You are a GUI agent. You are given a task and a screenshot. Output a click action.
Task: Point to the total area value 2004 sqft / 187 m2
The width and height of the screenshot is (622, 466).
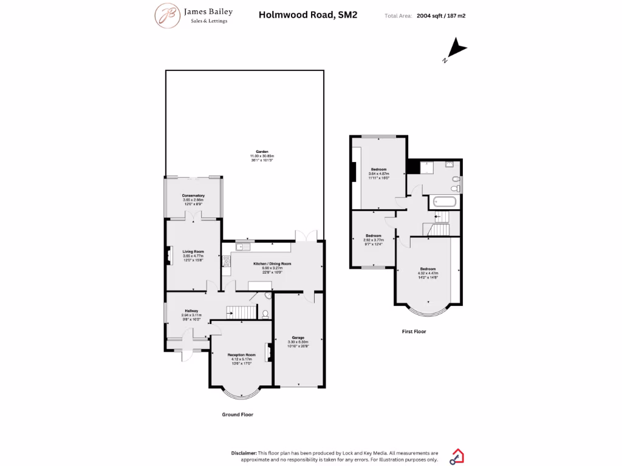pyautogui.click(x=446, y=16)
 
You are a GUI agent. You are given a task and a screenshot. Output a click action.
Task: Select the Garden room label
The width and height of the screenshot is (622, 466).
pyautogui.click(x=262, y=152)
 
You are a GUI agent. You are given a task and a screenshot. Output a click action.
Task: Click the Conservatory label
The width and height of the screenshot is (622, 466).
pyautogui.click(x=193, y=195)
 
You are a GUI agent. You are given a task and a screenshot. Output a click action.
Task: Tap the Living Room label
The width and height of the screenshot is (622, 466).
pyautogui.click(x=194, y=251)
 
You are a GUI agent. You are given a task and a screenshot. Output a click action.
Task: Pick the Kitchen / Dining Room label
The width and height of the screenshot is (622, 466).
pyautogui.click(x=272, y=264)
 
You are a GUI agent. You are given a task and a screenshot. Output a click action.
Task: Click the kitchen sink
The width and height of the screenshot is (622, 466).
pyautogui.click(x=242, y=246)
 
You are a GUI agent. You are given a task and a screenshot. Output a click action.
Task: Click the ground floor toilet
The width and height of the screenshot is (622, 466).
pyautogui.click(x=265, y=314)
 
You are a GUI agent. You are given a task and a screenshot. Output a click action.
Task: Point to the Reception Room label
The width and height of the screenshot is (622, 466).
pyautogui.click(x=241, y=354)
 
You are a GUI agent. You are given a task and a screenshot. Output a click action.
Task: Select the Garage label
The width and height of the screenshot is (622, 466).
pyautogui.click(x=298, y=337)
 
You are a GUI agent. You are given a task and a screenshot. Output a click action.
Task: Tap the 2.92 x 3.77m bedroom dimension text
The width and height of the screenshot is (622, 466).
pyautogui.click(x=374, y=240)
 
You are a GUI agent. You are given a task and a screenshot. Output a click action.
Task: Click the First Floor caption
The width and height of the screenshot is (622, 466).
pyautogui.click(x=414, y=332)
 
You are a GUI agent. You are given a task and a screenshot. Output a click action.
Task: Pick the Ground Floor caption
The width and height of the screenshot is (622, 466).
pyautogui.click(x=237, y=414)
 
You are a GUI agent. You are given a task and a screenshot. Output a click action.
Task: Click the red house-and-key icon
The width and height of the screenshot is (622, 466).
pyautogui.click(x=457, y=456)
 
